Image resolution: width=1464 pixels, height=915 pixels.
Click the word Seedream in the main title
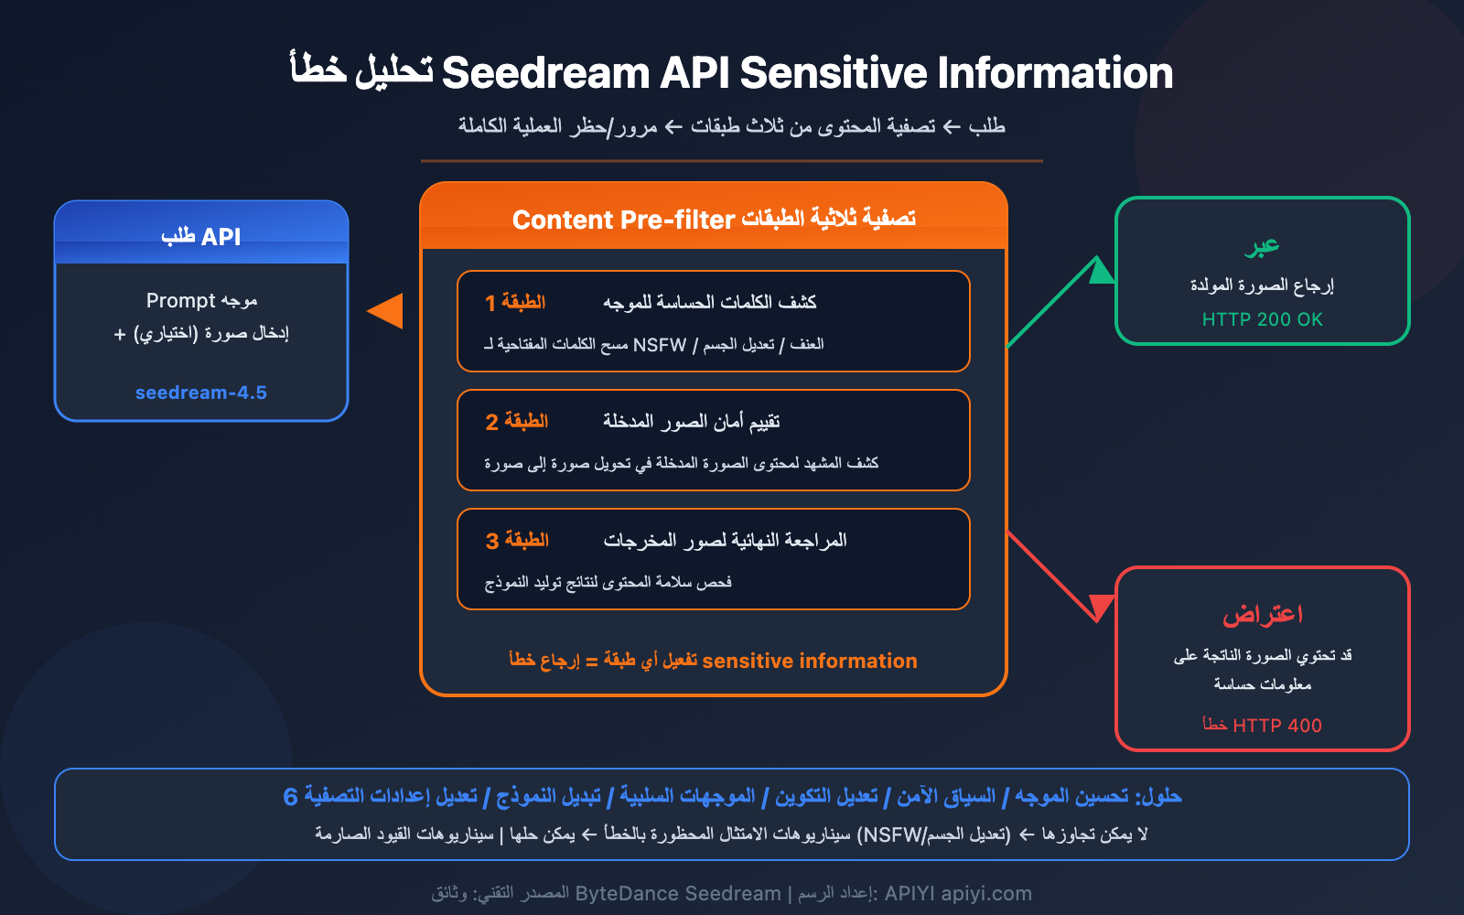click(545, 73)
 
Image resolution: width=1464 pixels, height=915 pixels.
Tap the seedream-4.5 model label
click(201, 393)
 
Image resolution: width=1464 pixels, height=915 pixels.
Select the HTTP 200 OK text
click(1262, 319)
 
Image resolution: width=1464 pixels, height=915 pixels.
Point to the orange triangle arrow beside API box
click(387, 311)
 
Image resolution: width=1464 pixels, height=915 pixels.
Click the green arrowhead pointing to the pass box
click(1101, 271)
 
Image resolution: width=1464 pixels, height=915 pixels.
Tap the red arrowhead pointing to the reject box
click(1101, 606)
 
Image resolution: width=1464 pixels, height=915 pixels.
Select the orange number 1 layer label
click(490, 303)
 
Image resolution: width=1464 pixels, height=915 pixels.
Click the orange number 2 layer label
click(491, 422)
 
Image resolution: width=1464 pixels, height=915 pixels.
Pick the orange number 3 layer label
click(491, 541)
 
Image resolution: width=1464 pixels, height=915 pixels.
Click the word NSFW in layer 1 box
click(659, 345)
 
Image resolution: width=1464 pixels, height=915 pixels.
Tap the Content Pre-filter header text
click(623, 220)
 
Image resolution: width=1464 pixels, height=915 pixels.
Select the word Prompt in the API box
click(180, 301)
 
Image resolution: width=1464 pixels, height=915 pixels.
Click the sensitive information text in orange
click(809, 661)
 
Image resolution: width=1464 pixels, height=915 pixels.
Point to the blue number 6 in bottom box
click(291, 797)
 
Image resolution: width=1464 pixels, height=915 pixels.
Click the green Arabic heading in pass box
click(1262, 246)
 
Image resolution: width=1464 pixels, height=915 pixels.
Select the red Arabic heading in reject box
click(1262, 614)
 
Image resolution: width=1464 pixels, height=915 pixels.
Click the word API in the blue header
click(221, 237)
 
